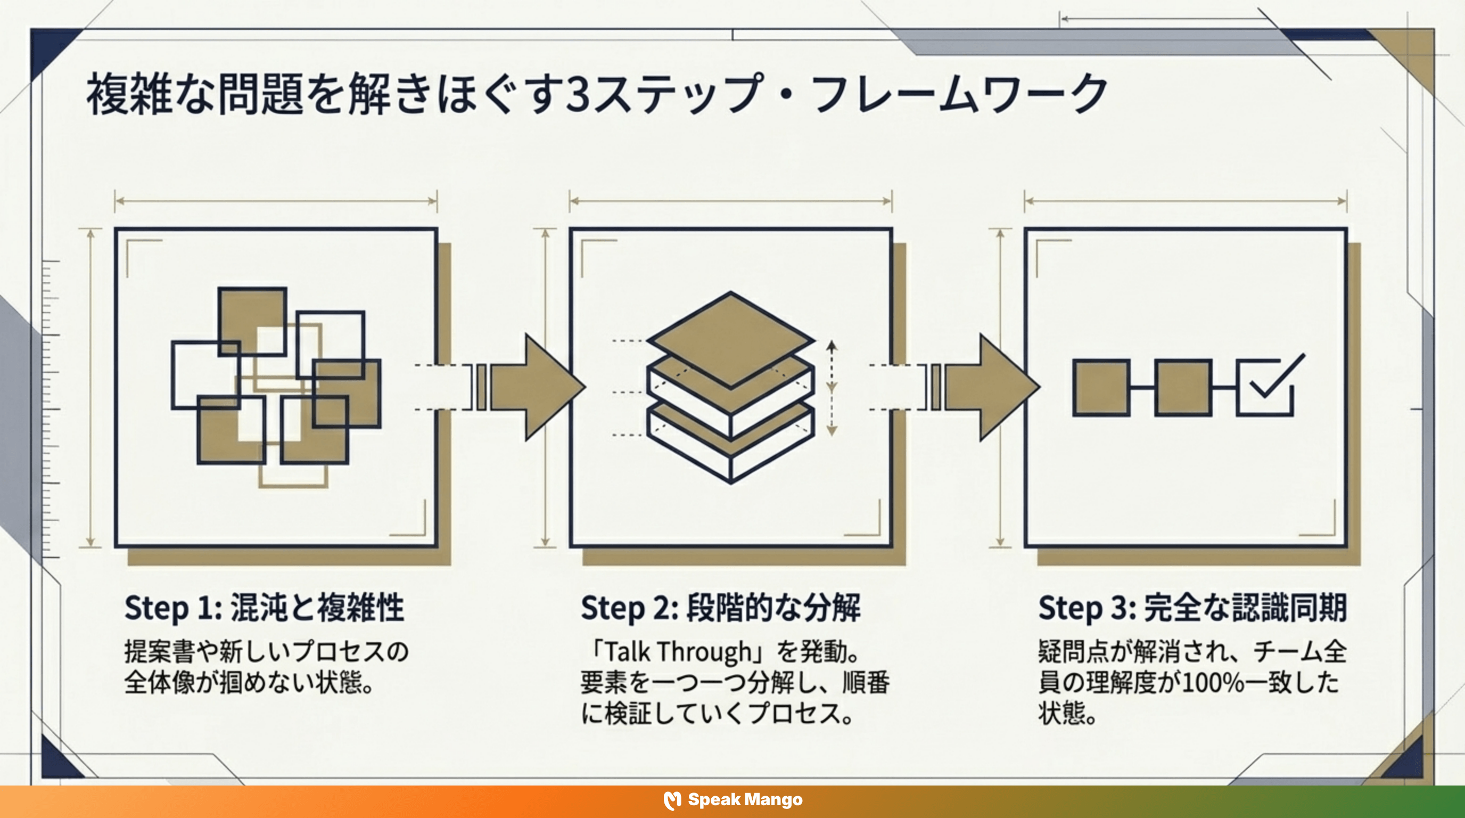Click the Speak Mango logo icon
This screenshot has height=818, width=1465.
(x=672, y=800)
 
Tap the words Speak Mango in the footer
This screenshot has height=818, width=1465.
(x=745, y=800)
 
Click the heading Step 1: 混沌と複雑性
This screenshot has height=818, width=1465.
(x=264, y=608)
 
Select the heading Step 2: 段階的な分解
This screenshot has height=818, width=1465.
(x=721, y=608)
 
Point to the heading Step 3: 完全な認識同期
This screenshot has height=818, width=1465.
(x=1192, y=608)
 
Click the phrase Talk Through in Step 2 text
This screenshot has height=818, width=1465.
(x=677, y=652)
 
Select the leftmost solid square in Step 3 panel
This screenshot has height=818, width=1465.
(x=1101, y=388)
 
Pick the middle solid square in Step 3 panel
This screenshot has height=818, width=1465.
(x=1183, y=388)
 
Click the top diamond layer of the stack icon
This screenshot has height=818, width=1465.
(x=731, y=339)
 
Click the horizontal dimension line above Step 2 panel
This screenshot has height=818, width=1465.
(x=731, y=201)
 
